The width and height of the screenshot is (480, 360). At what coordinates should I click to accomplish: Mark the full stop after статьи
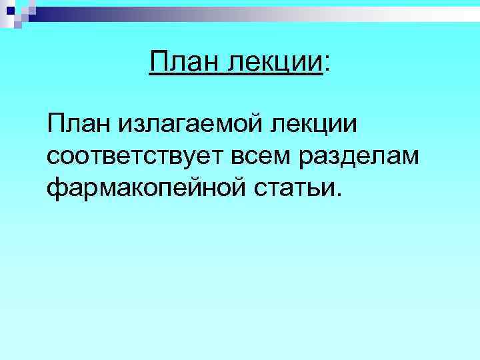tap(342, 195)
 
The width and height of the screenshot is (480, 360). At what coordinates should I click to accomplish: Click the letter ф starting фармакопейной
tap(56, 189)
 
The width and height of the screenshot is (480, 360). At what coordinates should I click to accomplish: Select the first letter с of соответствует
tap(54, 157)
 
